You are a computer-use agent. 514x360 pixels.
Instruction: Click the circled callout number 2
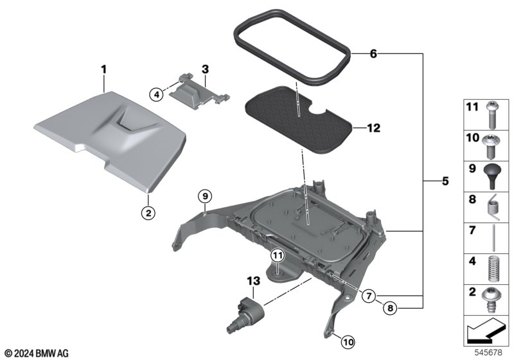point(148,213)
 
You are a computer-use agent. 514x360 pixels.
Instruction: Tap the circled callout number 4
point(156,94)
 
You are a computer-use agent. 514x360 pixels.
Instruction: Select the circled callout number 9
point(205,197)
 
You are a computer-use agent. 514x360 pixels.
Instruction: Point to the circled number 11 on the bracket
point(278,255)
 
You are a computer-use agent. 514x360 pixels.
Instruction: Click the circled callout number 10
point(348,342)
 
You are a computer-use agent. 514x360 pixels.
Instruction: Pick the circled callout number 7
point(369,296)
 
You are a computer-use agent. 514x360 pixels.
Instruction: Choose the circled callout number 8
point(390,308)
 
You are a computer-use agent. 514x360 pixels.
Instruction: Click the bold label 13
point(253,281)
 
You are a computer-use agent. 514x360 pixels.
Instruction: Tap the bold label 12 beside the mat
point(374,128)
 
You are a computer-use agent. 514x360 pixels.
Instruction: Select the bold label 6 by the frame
point(373,54)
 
